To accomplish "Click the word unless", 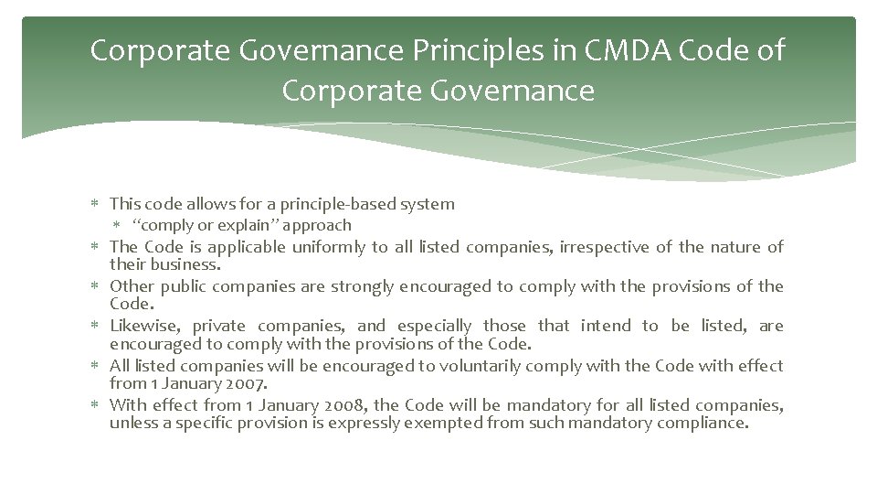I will (132, 423).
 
